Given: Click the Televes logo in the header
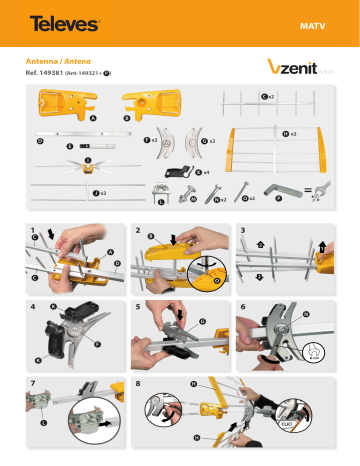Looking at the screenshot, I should point(63,21).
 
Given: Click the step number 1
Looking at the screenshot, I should point(34,231).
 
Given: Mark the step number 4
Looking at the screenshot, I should point(34,304).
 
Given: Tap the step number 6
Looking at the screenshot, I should point(243,304).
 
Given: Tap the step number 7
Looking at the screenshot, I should point(34,380).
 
